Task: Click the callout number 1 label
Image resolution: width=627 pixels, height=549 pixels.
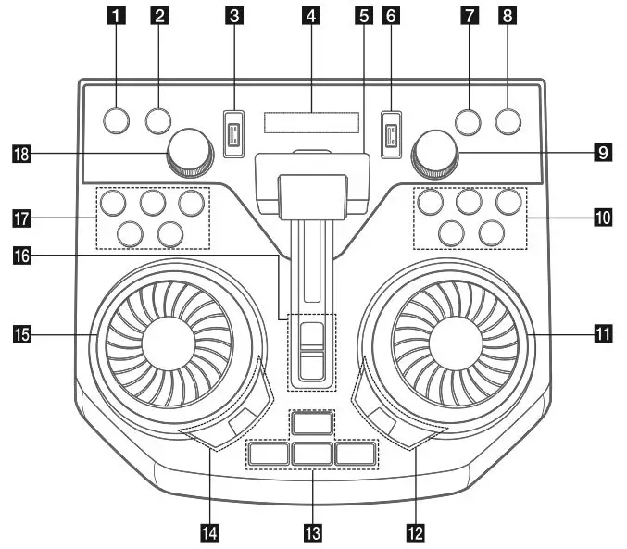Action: point(116,15)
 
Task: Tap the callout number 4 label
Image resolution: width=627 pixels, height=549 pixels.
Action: point(310,15)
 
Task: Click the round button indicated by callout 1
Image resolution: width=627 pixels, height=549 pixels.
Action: point(116,119)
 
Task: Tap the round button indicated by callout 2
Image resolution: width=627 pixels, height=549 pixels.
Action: point(158,119)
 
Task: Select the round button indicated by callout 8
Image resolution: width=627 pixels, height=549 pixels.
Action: point(508,119)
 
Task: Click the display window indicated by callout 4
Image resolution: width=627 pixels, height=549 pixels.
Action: point(311,122)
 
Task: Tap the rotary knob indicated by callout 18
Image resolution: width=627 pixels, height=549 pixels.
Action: point(189,150)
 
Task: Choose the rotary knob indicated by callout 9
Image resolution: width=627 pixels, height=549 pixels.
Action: point(436,150)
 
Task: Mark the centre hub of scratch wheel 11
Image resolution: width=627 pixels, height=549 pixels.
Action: point(457,340)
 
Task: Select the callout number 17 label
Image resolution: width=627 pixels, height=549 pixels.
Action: point(20,218)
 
